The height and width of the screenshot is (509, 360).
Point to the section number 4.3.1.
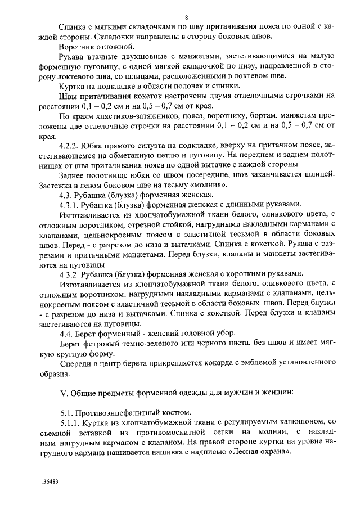(x=71, y=204)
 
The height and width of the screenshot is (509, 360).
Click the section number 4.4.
(x=68, y=333)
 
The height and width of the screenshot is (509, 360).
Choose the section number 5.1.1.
(x=71, y=422)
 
